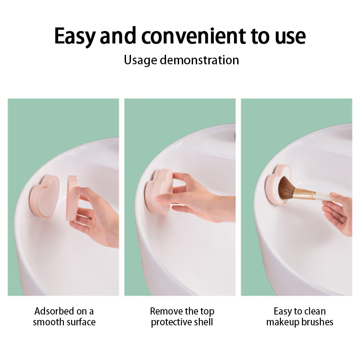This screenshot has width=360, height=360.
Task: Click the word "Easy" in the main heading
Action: click(74, 36)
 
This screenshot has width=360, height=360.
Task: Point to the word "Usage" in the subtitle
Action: click(140, 60)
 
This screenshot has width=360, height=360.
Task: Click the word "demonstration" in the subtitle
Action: click(199, 60)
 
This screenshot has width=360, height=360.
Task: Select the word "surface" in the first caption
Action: click(80, 322)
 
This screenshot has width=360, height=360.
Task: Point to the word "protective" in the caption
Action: click(171, 322)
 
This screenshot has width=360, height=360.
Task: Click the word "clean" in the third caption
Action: click(315, 311)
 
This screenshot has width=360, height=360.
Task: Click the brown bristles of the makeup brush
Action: click(287, 188)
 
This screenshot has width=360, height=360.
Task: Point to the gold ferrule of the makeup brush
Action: click(303, 194)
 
